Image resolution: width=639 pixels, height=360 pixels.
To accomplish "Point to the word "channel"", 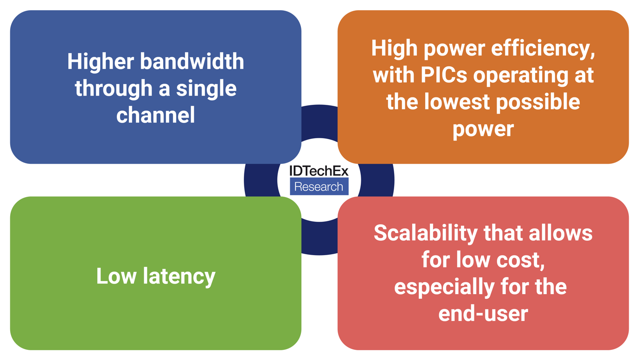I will (156, 115).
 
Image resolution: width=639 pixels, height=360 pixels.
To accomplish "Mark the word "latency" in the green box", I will (179, 276).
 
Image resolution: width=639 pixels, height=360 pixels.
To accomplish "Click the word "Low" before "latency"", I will (116, 276).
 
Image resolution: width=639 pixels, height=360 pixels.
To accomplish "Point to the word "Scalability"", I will (426, 233).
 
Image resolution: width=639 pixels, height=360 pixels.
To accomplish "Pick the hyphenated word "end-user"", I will (483, 314).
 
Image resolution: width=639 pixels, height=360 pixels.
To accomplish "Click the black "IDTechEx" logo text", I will (319, 171).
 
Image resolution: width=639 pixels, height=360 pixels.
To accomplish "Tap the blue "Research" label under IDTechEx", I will (319, 187).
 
